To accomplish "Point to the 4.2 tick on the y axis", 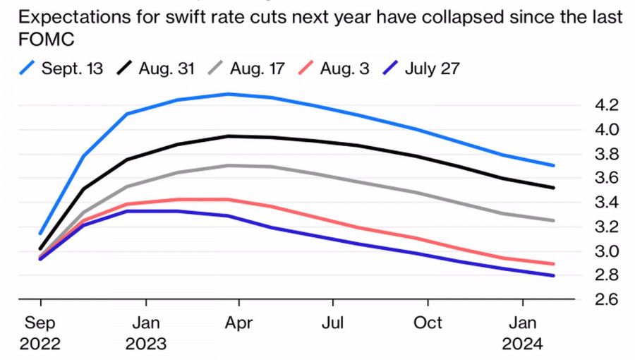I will [607, 105].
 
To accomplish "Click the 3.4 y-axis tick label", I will [607, 203].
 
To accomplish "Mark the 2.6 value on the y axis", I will [607, 299].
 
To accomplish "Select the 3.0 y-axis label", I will [607, 251].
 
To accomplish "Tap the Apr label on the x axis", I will [238, 323].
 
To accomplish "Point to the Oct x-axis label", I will [427, 323].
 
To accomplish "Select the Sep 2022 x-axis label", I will [41, 333].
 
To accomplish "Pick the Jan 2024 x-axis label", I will [522, 333].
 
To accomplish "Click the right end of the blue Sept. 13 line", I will [553, 165].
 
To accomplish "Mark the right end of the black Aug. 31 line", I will [553, 188].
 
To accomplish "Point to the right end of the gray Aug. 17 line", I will [553, 220].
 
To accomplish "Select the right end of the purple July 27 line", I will [553, 275].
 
